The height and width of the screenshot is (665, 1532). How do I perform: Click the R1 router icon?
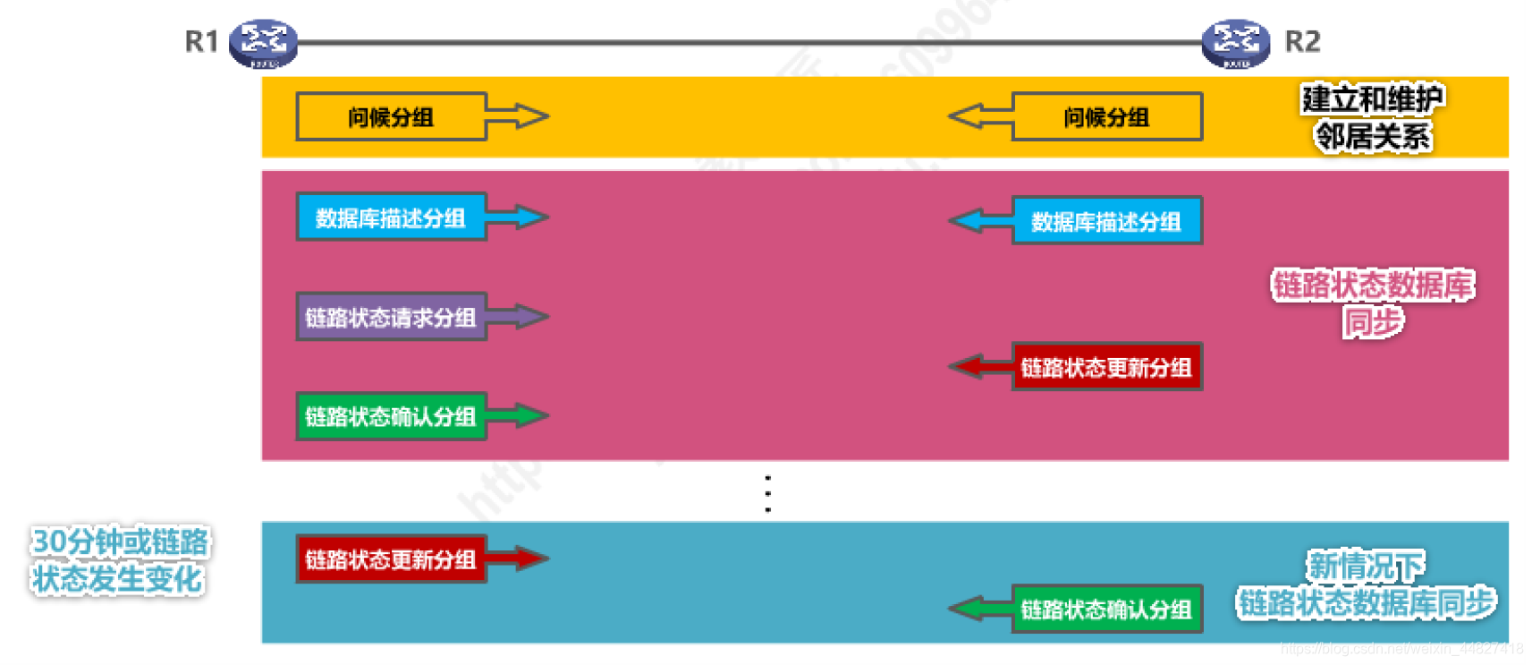pos(263,43)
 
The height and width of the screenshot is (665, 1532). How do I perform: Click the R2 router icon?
pos(1235,43)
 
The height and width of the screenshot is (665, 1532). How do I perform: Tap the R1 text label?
pos(201,41)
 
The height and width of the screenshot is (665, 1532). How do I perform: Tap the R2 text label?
pos(1302,41)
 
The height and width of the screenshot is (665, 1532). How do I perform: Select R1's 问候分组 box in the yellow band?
pos(391,116)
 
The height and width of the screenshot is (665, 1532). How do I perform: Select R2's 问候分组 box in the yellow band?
pos(1106,116)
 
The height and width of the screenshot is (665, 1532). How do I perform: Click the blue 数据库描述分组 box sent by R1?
pos(391,217)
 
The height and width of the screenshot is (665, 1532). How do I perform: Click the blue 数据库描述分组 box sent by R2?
pos(1106,221)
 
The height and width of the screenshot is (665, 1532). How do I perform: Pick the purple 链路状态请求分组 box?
pos(391,317)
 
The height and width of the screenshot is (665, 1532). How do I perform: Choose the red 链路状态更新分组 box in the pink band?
pos(1106,367)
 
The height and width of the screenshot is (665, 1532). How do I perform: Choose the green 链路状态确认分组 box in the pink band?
pos(391,416)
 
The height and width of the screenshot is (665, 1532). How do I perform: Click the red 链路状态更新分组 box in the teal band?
pos(391,559)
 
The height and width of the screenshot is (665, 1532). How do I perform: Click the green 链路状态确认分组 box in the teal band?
pos(1106,610)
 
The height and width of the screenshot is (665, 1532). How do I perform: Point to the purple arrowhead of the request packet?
pos(529,316)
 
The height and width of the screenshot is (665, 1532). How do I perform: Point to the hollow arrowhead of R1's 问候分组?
pos(529,116)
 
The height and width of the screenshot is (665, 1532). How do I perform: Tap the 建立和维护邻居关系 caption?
pos(1373,117)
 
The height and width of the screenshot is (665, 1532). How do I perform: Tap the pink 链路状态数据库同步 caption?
pos(1373,303)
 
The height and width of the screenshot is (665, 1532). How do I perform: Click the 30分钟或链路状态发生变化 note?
pos(119,559)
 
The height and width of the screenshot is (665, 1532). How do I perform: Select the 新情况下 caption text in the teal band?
pos(1366,566)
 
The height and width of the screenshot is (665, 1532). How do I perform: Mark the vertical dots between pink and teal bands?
pos(768,493)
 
